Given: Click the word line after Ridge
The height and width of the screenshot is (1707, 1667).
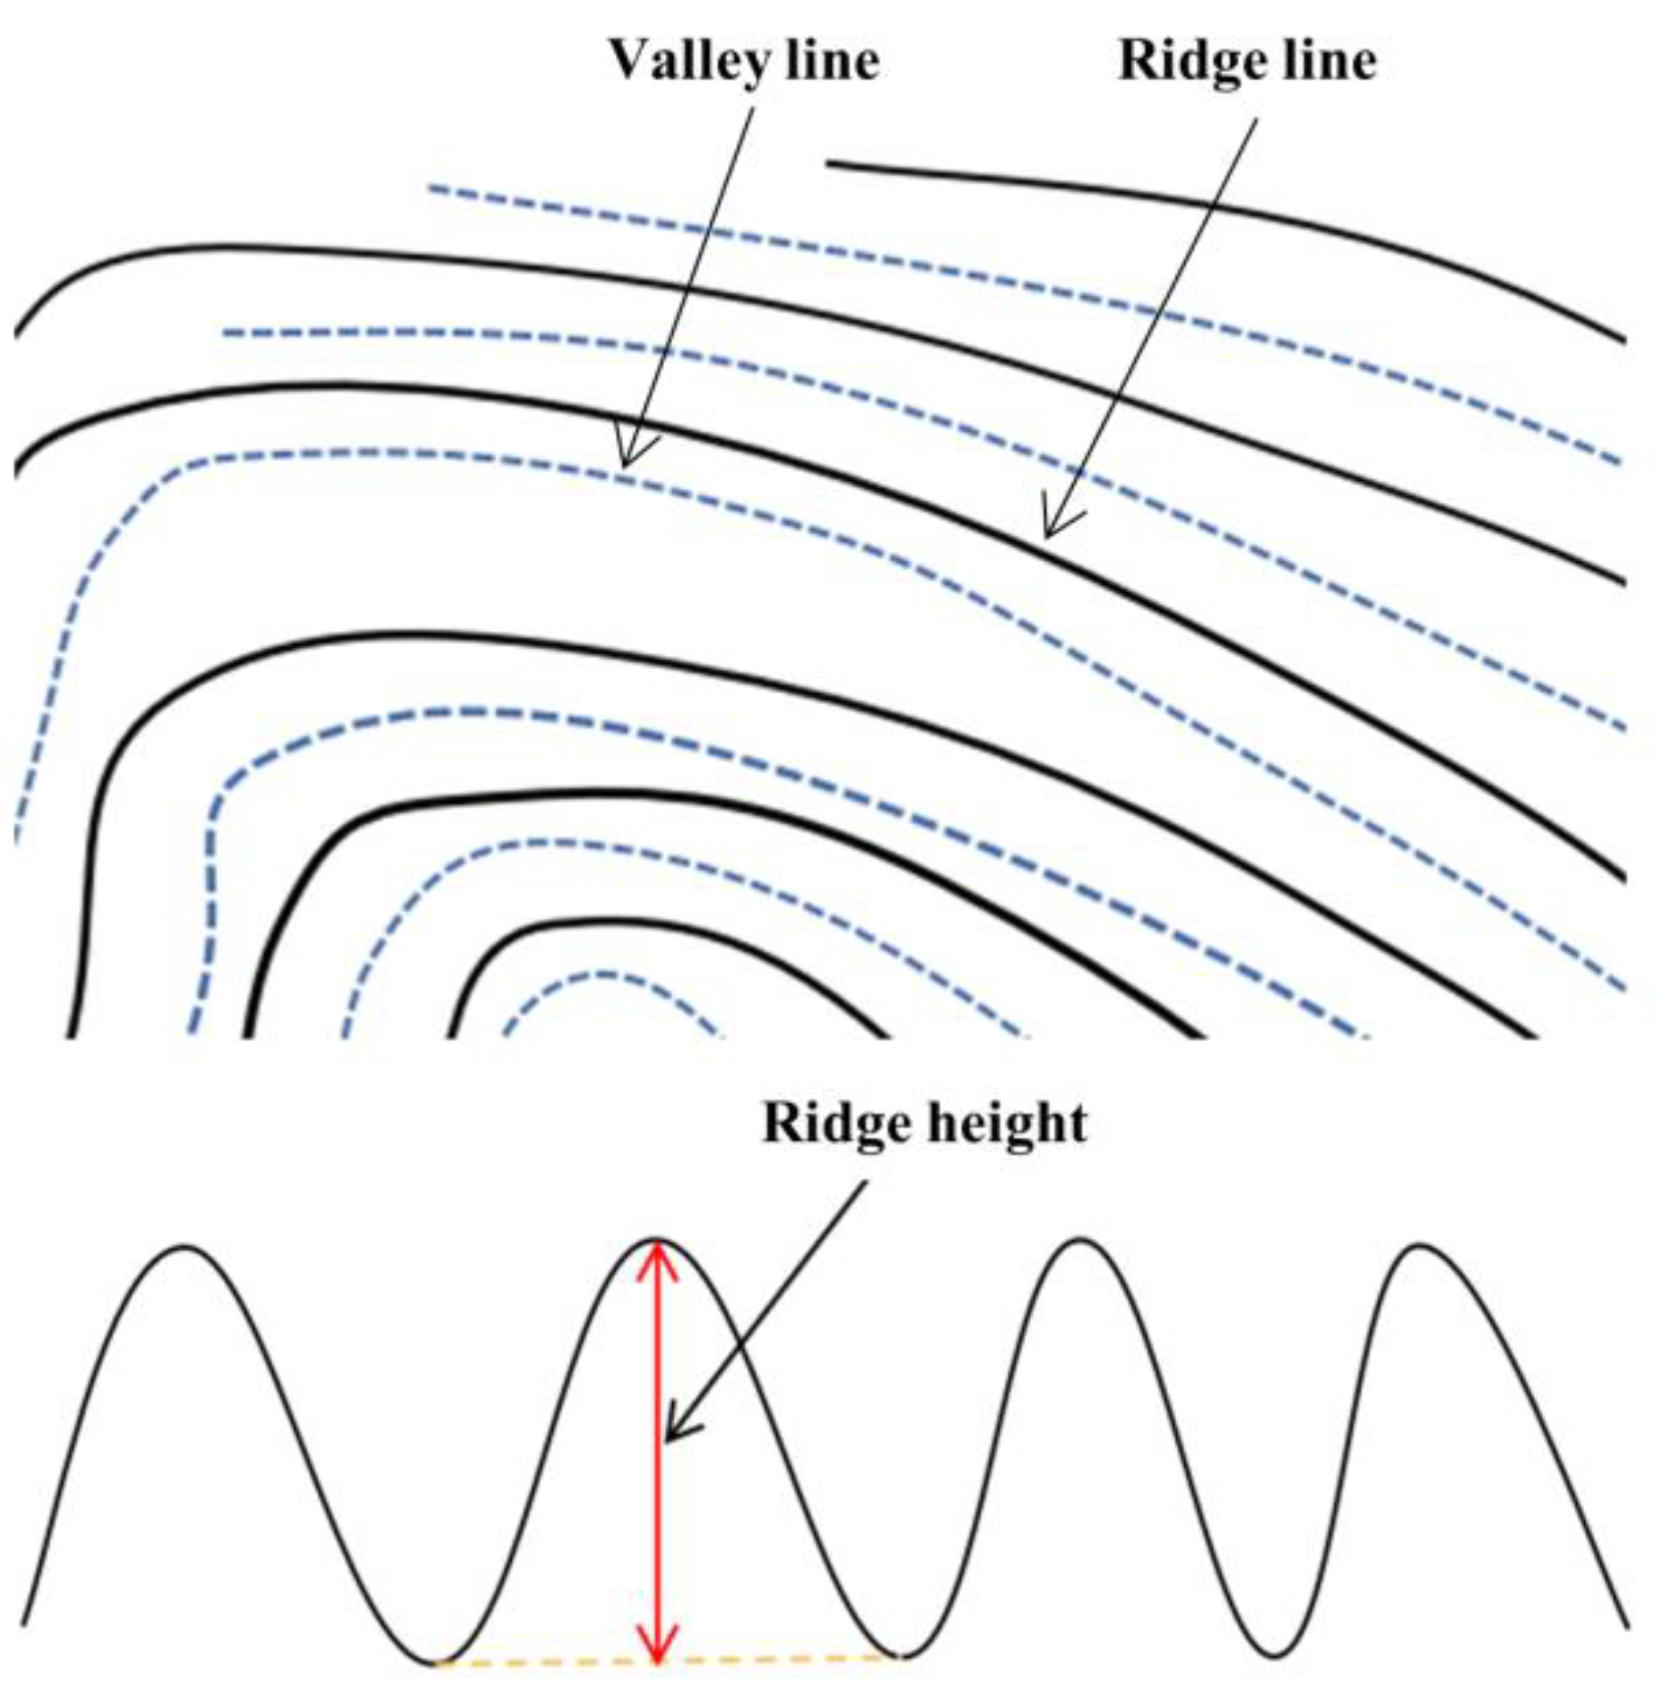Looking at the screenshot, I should (1331, 62).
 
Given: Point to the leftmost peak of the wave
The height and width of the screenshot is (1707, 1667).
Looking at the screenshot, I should (185, 1247).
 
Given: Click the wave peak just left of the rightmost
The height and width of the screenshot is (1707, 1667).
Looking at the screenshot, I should (1079, 1241).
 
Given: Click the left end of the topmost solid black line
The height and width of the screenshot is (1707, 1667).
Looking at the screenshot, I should (829, 164).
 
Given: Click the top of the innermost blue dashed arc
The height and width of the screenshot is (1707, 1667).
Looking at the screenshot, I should (606, 976).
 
